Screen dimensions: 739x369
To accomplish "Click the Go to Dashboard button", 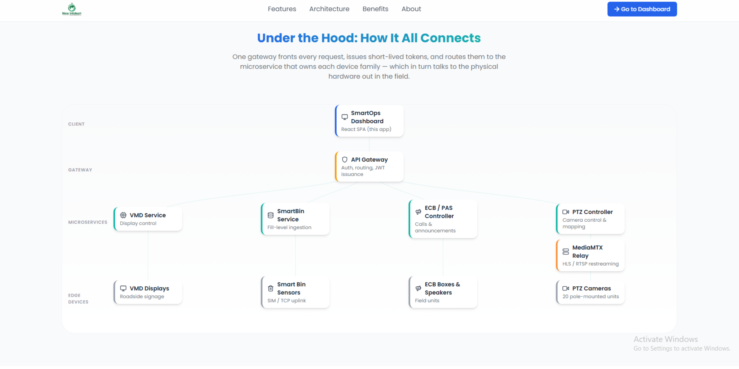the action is click(x=642, y=9).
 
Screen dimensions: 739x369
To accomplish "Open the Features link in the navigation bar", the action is click(x=282, y=9).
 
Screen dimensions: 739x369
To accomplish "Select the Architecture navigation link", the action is click(x=329, y=9).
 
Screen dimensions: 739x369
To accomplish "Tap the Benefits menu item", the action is click(x=375, y=9).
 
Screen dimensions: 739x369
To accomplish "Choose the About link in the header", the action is click(x=411, y=9).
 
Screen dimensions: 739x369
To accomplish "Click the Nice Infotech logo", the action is click(x=72, y=9).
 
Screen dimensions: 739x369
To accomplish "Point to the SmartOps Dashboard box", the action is click(x=369, y=121).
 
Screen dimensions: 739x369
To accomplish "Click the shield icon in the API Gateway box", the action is click(x=344, y=160).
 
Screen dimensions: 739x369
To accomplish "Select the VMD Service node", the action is click(x=148, y=219).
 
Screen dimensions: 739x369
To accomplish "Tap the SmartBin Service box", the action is click(x=295, y=219).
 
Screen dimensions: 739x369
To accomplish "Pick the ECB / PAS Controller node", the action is click(x=443, y=219).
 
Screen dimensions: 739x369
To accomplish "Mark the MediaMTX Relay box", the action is click(x=590, y=255).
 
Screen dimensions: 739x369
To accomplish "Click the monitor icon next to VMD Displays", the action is click(x=123, y=288).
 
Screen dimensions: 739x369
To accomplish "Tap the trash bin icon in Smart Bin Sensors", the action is click(x=271, y=288).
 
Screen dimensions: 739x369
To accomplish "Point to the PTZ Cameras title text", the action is click(x=592, y=289).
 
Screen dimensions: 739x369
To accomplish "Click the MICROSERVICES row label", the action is click(x=88, y=222).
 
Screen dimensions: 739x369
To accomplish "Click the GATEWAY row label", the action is click(x=80, y=170).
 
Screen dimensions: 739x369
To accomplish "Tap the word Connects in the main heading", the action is click(x=450, y=38).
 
